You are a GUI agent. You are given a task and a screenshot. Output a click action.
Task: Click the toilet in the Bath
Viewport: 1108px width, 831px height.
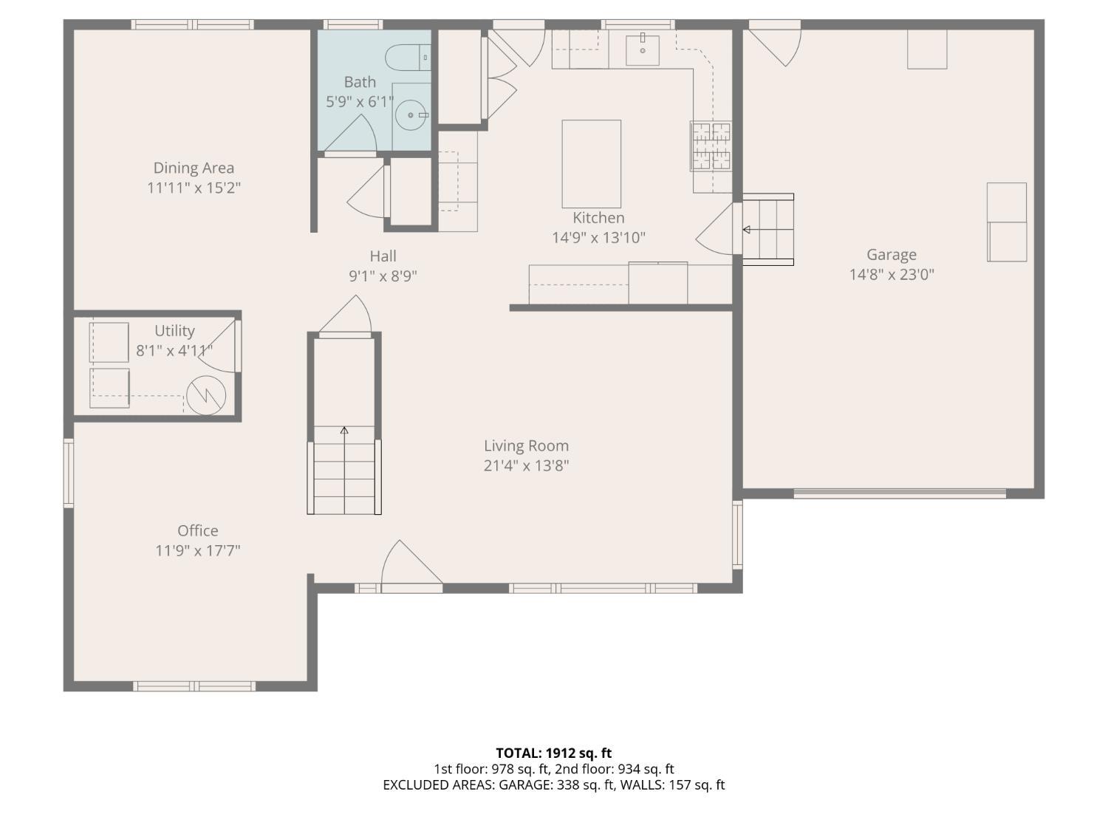pyautogui.click(x=408, y=57)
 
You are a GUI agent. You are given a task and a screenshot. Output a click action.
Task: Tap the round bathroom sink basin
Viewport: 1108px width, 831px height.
pyautogui.click(x=411, y=115)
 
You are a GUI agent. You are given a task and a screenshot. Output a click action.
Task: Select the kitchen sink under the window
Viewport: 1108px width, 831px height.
pyautogui.click(x=642, y=49)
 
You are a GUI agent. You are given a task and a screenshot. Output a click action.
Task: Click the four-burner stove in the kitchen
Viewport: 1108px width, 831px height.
pyautogui.click(x=711, y=146)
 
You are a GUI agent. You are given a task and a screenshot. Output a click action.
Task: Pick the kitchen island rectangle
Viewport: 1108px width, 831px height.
pyautogui.click(x=591, y=164)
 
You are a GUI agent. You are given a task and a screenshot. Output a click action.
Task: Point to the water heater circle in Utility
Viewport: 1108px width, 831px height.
pyautogui.click(x=205, y=395)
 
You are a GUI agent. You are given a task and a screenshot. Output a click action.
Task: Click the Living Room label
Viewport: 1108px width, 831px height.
pyautogui.click(x=526, y=446)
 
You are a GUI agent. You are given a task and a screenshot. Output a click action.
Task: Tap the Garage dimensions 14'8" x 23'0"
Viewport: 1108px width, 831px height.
pyautogui.click(x=892, y=275)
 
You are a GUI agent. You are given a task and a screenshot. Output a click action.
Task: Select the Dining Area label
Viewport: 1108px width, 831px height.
pyautogui.click(x=194, y=168)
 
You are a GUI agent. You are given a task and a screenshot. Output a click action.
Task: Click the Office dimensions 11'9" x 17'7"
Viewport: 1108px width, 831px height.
pyautogui.click(x=198, y=551)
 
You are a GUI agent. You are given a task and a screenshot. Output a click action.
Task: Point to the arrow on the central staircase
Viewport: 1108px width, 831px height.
pyautogui.click(x=344, y=431)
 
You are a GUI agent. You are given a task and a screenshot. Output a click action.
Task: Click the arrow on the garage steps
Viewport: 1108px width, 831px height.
pyautogui.click(x=747, y=230)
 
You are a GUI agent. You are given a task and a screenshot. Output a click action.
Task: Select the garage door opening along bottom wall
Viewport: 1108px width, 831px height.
pyautogui.click(x=900, y=493)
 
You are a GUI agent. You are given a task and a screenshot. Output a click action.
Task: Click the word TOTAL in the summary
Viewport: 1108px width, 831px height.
pyautogui.click(x=518, y=753)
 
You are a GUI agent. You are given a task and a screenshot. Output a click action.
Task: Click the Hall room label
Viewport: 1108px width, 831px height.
pyautogui.click(x=383, y=256)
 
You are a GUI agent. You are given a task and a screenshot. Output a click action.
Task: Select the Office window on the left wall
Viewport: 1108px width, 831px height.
pyautogui.click(x=69, y=473)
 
